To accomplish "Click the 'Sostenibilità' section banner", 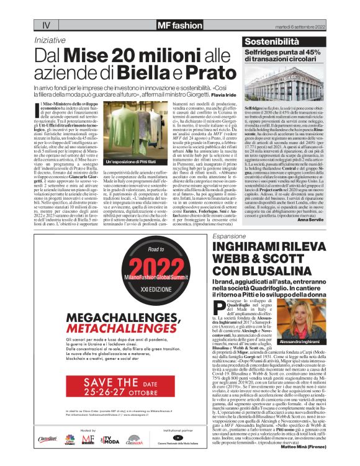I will pos(280,42).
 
